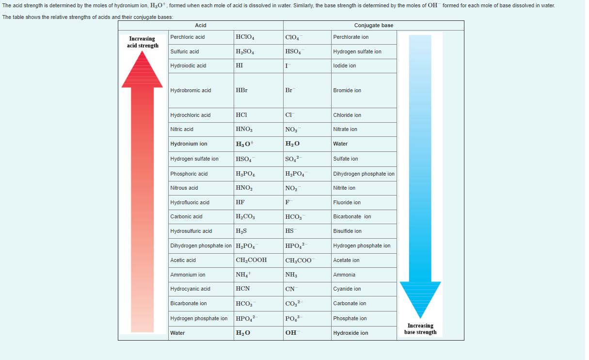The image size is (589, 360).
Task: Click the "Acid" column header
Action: click(x=200, y=25)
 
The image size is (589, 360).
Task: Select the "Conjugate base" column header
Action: click(x=373, y=25)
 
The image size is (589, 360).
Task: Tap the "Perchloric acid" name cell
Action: click(x=188, y=37)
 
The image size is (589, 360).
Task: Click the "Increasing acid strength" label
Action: click(x=143, y=42)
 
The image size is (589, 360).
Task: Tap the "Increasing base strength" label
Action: click(x=420, y=329)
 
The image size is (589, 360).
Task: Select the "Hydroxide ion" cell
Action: click(x=350, y=333)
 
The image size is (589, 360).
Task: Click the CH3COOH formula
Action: click(x=251, y=260)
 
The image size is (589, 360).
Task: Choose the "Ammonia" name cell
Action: click(x=344, y=275)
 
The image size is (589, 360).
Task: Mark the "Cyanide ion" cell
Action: click(x=347, y=289)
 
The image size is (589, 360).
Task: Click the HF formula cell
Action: click(x=240, y=202)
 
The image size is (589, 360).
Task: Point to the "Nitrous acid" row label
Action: click(x=184, y=188)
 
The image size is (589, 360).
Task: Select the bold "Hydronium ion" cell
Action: click(x=189, y=144)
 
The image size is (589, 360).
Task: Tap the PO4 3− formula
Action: click(x=293, y=318)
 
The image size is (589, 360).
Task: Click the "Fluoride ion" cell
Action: click(x=347, y=202)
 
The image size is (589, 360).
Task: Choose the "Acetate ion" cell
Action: click(x=346, y=260)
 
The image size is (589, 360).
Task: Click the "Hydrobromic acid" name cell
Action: click(x=191, y=90)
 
